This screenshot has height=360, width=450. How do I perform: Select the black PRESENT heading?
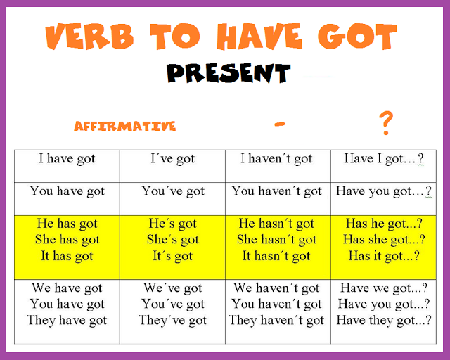point(229,72)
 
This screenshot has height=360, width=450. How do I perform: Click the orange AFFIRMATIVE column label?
point(124,127)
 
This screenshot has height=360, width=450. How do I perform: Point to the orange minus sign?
point(280,124)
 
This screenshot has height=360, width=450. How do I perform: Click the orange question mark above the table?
point(385,122)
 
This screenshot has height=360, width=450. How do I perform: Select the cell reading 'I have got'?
point(67,159)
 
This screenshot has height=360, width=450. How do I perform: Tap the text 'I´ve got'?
point(172,159)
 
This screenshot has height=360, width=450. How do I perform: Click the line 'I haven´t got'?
point(276,159)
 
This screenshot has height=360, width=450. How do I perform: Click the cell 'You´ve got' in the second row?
point(172,191)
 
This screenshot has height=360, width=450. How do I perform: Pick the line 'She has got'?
point(67,240)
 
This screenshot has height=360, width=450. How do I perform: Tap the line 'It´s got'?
point(172,256)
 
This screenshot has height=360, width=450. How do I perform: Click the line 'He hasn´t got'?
point(276,224)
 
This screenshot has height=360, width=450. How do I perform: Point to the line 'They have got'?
point(67,321)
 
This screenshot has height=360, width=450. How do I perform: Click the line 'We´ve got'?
point(172,288)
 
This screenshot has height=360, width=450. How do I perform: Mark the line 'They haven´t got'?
point(276,321)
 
